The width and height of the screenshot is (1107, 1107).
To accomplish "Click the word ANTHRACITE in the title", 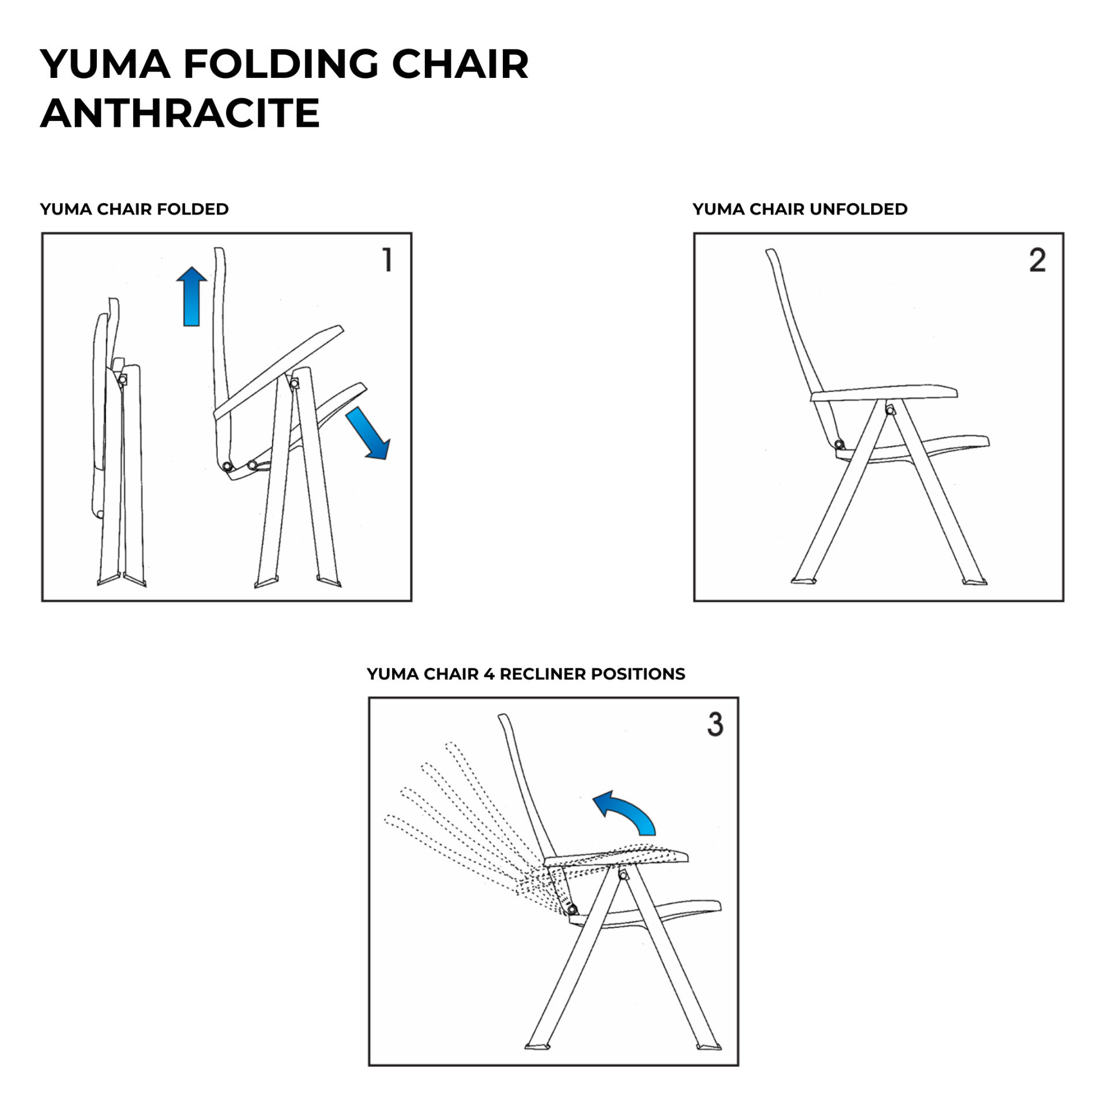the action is point(180,113).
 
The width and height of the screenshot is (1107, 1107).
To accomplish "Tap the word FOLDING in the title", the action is point(281,64).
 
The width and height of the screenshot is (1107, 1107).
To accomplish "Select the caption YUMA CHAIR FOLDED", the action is point(134,209).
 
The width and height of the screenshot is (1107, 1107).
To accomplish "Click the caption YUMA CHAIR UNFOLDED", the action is point(800,209).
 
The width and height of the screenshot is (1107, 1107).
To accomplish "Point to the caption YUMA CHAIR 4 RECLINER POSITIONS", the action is point(526,674).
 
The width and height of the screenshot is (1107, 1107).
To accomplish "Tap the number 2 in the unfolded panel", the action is point(1037,260).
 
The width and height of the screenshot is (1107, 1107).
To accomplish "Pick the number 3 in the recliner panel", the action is point(715,724).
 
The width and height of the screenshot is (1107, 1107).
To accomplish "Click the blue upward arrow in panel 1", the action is point(191,296).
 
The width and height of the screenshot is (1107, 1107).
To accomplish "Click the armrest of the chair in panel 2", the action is point(884,393).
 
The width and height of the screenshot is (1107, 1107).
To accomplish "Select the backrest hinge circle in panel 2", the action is point(839,444).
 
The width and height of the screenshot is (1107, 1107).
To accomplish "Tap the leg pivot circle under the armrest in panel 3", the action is point(623,875).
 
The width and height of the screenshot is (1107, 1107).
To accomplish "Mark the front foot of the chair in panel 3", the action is point(709,1046).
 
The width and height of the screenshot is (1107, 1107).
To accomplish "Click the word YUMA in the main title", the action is point(106,64).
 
